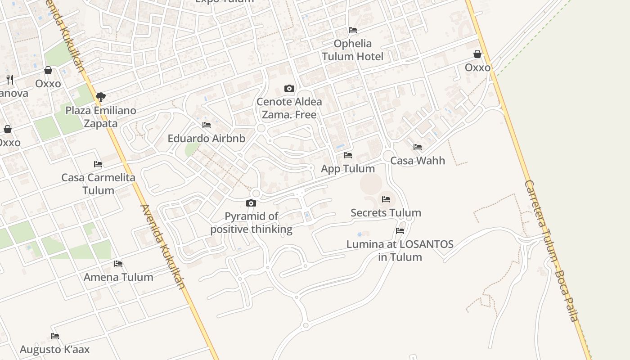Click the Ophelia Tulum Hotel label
[x=352, y=50]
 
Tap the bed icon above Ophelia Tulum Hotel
[x=353, y=30]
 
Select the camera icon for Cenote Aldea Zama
[x=289, y=88]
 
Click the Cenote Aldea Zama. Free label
[x=289, y=108]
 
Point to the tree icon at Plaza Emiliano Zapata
[x=101, y=97]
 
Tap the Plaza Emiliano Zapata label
[x=101, y=117]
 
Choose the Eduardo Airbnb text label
[x=207, y=139]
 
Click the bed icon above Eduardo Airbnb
[x=207, y=125]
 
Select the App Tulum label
[x=348, y=169]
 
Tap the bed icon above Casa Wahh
[x=418, y=147]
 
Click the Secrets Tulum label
[x=386, y=213]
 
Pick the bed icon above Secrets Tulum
[x=386, y=199]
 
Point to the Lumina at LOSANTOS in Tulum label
[x=400, y=251]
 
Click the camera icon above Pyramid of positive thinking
[x=251, y=203]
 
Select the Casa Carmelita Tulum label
[x=98, y=184]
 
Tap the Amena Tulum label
[x=118, y=277]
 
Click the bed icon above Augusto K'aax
[x=55, y=336]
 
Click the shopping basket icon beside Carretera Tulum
[x=477, y=54]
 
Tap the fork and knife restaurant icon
[x=10, y=80]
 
